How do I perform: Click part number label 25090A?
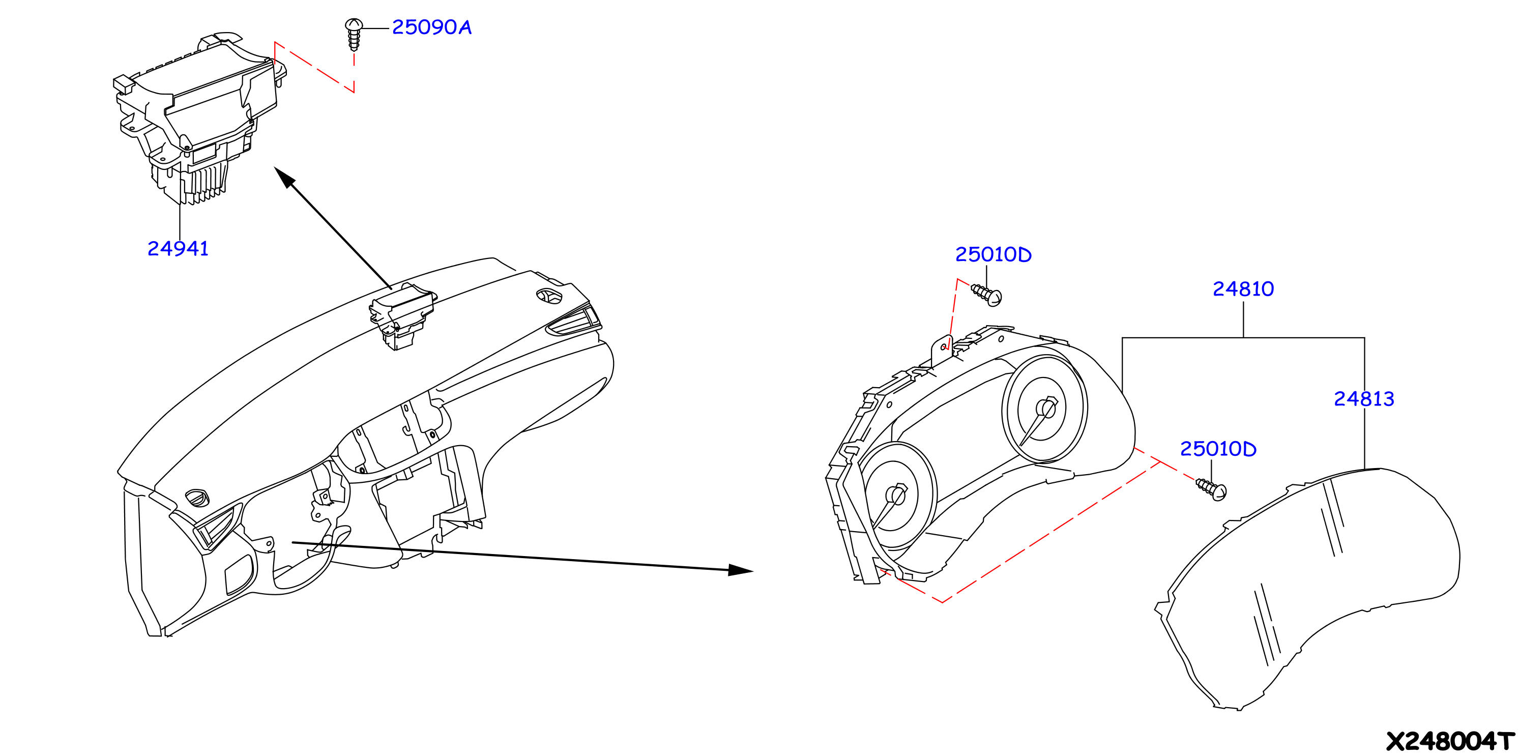pos(432,27)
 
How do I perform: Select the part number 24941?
pos(178,249)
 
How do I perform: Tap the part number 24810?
pos(1243,289)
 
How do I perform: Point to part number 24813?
pos(1364,399)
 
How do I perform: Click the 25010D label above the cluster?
pos(994,255)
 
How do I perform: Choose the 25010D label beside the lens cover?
pos(1218,449)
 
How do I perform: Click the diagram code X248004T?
pos(1450,741)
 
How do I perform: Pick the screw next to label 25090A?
pos(354,34)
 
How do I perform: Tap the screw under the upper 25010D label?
pos(986,295)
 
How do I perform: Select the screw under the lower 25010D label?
pos(1211,489)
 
